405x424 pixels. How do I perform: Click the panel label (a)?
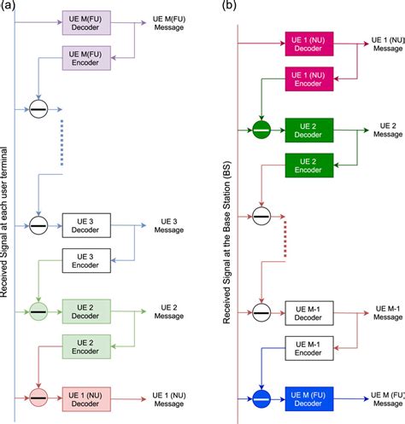[11, 6]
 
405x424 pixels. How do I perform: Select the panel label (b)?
[230, 6]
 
